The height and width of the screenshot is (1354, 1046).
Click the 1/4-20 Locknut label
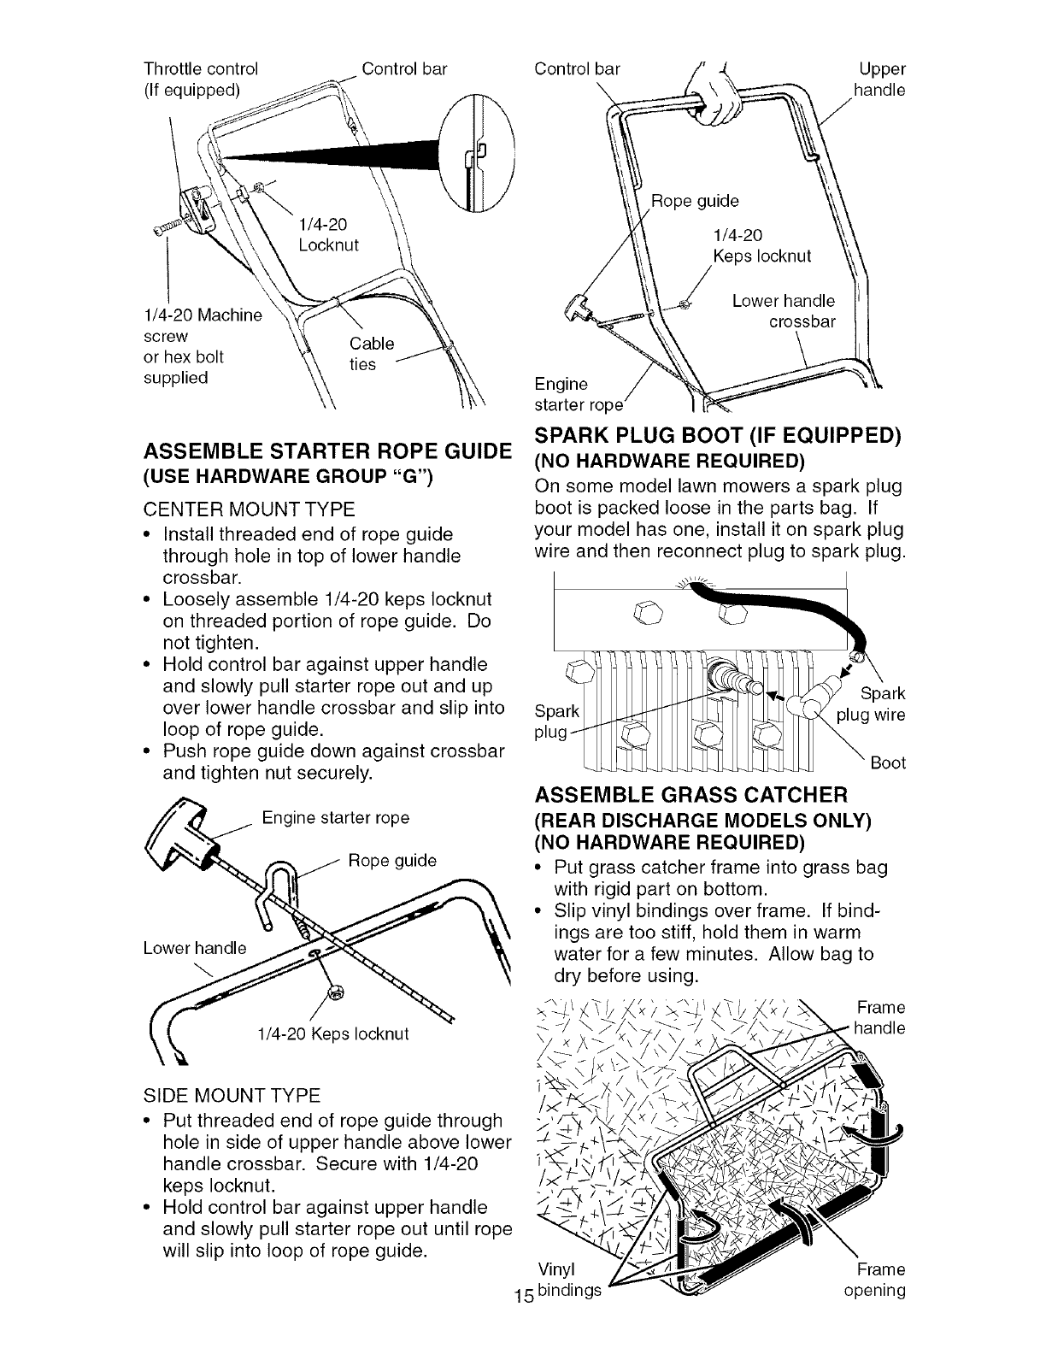click(x=329, y=236)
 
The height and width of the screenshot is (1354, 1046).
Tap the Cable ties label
click(x=372, y=354)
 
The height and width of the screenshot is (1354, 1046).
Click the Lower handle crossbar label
click(x=784, y=311)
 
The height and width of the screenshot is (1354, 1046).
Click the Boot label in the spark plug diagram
click(x=887, y=762)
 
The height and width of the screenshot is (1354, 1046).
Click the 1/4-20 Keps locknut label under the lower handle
click(x=333, y=1033)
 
